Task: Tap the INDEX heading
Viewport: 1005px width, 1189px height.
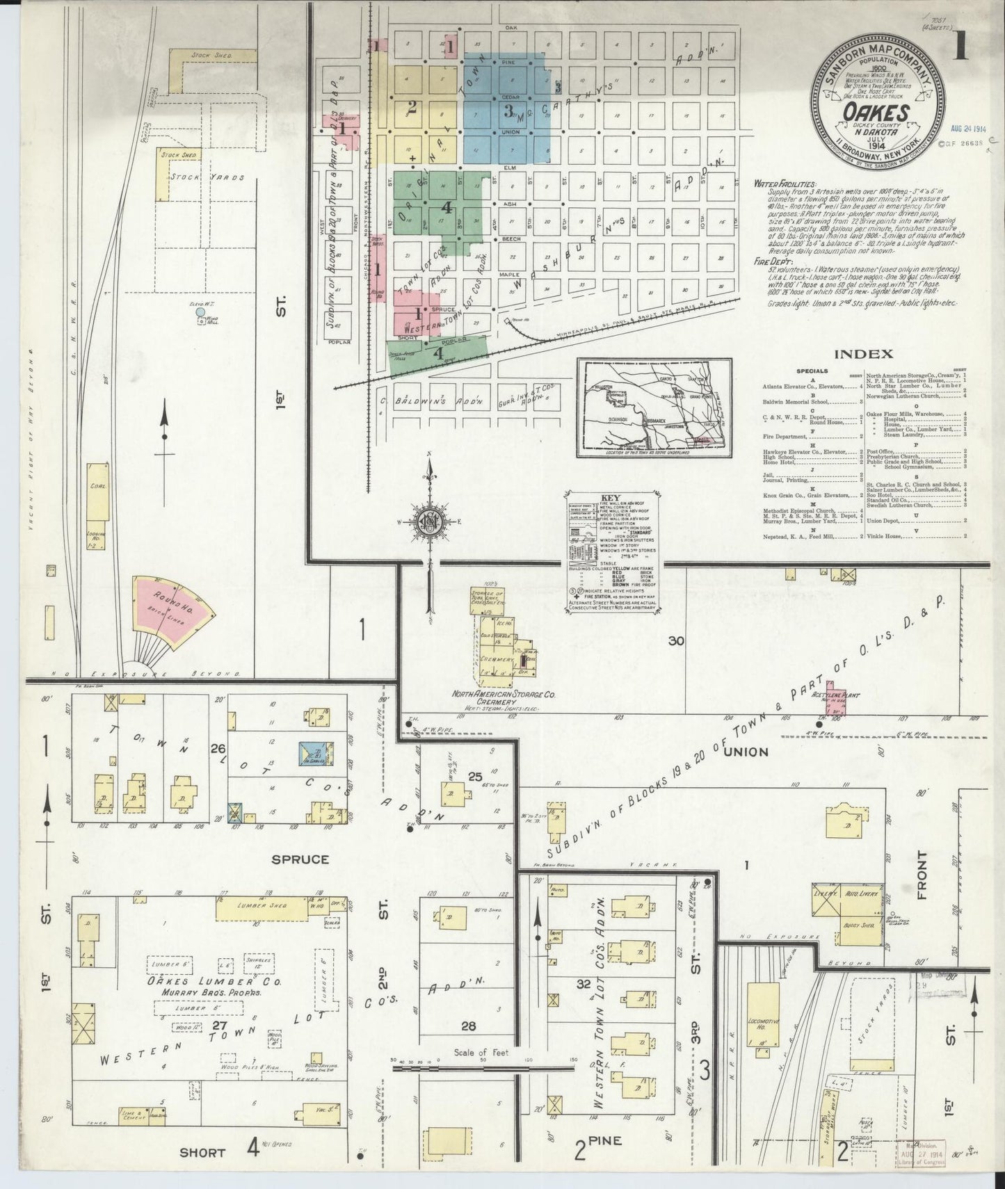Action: click(862, 354)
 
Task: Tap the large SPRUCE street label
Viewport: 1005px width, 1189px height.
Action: click(300, 859)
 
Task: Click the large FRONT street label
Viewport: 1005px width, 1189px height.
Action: click(924, 875)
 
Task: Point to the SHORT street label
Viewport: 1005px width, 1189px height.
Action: click(202, 1152)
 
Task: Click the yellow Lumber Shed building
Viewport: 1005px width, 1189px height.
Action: click(262, 907)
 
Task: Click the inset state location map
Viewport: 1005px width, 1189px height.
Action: click(654, 407)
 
